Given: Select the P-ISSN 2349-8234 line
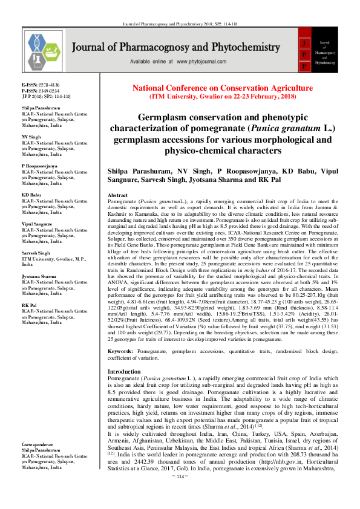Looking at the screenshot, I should tap(41, 91).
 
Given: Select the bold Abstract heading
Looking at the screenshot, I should tap(117, 196).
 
